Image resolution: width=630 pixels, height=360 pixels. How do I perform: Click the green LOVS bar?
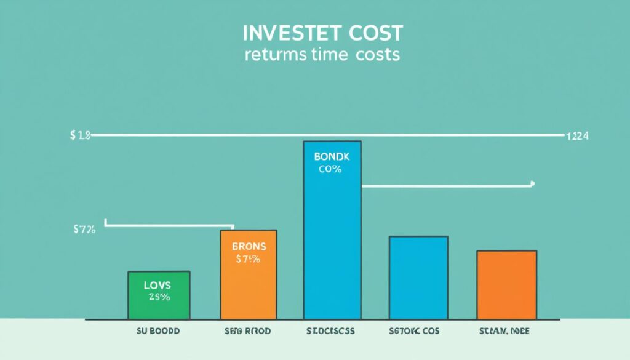coord(159,295)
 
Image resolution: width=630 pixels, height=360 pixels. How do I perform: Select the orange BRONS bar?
coord(249,274)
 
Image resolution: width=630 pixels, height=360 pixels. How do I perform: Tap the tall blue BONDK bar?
coord(332,230)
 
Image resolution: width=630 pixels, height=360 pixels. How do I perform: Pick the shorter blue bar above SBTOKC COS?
coord(418,278)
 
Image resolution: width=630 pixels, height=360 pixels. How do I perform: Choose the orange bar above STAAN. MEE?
coord(506,285)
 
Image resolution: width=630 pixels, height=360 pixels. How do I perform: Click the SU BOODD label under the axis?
coord(159,330)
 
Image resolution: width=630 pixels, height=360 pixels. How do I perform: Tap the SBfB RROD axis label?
coord(247,330)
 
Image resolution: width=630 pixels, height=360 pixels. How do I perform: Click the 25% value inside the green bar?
coord(159,297)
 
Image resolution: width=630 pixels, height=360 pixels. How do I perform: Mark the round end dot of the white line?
coord(532,183)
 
